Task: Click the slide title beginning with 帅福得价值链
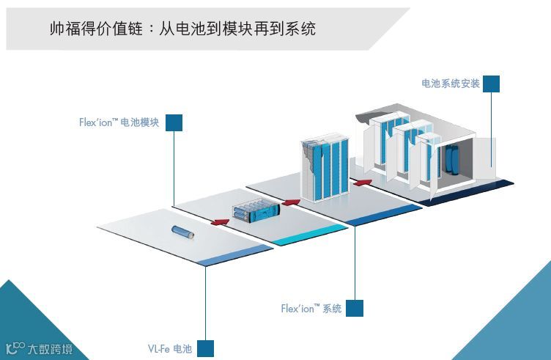tap(182, 29)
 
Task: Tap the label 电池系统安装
tap(450, 84)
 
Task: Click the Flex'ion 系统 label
tap(311, 309)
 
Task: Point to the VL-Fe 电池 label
tap(169, 349)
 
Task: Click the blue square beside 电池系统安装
tap(491, 84)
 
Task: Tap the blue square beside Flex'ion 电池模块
tap(174, 122)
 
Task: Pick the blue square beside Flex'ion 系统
tap(355, 308)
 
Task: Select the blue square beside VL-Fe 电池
tap(205, 348)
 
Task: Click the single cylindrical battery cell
tap(180, 232)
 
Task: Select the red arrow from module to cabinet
tap(291, 201)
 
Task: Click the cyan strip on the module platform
tap(311, 235)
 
